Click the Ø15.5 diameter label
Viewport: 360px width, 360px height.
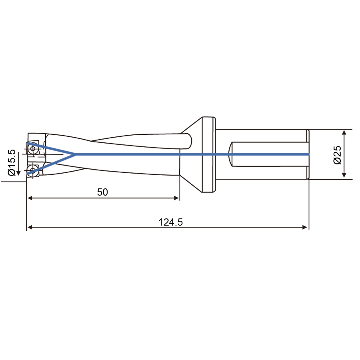point(12,162)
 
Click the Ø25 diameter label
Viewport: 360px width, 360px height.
point(337,155)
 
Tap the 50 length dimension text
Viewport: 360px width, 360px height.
point(102,192)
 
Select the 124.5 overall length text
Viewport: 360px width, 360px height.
point(170,222)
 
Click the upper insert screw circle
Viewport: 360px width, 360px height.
point(33,148)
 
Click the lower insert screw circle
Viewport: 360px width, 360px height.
point(32,170)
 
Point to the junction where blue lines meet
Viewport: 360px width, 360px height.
point(75,154)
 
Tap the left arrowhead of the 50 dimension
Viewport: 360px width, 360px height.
point(30,198)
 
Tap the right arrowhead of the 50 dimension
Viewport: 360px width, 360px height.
point(176,198)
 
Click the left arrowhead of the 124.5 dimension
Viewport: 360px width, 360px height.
point(30,227)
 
